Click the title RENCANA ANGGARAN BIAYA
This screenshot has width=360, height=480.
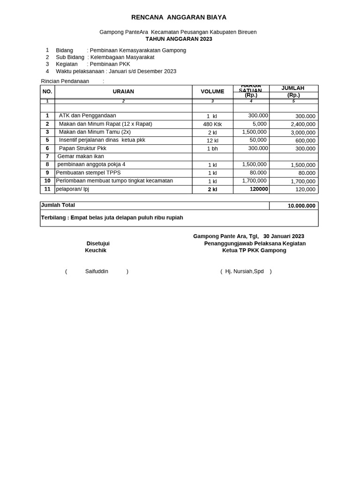[x=179, y=17]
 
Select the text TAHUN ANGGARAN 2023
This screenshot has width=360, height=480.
[x=179, y=39]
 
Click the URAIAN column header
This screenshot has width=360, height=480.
[x=123, y=91]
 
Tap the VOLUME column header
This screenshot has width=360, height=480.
[x=212, y=91]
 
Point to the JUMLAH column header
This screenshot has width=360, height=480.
[x=293, y=88]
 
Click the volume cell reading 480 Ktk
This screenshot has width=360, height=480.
[x=212, y=124]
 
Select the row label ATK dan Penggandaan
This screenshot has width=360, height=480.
[x=87, y=116]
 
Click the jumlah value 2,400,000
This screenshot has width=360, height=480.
[x=303, y=124]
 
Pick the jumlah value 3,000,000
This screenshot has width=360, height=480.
[x=303, y=133]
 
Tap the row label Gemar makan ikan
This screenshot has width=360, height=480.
[x=81, y=157]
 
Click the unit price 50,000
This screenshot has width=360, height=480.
[x=258, y=140]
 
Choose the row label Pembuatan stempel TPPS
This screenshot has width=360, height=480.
[x=88, y=173]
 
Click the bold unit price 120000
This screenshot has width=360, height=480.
[x=259, y=189]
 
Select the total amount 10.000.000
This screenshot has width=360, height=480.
[x=301, y=206]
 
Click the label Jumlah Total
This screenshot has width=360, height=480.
[x=58, y=205]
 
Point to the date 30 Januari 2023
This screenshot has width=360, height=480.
[x=284, y=236]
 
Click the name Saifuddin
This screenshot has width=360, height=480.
[x=97, y=271]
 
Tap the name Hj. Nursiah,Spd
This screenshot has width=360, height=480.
[x=245, y=271]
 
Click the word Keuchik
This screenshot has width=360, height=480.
[x=96, y=250]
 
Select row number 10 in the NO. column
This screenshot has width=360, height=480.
[x=47, y=181]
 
